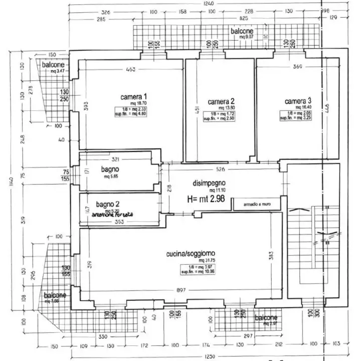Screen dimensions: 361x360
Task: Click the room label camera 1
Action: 133,96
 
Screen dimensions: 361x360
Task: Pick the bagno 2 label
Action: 108,204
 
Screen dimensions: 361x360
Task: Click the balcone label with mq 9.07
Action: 242,32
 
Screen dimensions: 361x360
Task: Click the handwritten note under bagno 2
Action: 113,215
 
